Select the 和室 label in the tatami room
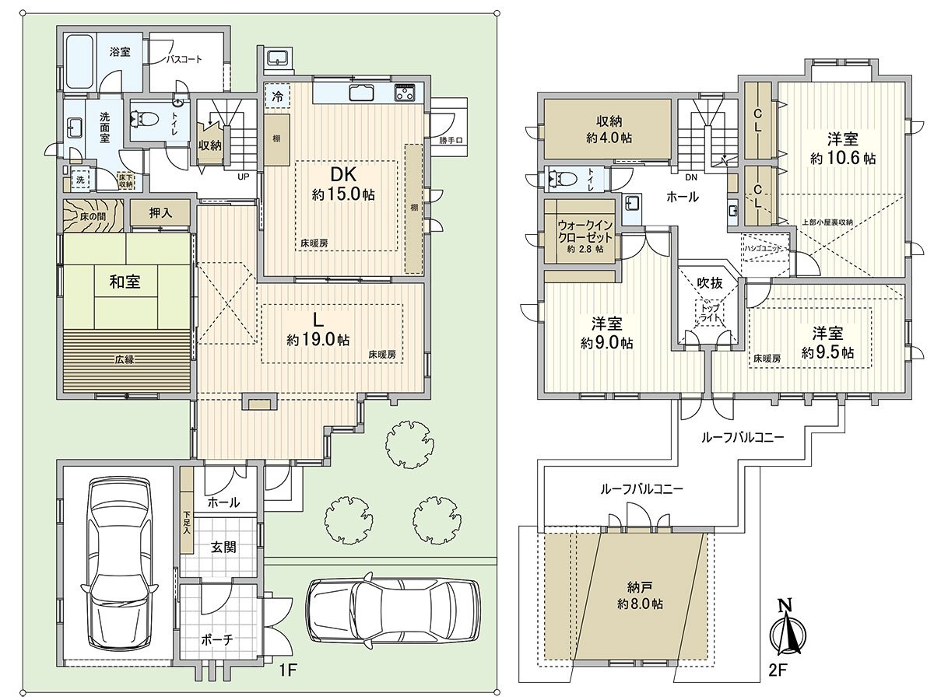(x=125, y=282)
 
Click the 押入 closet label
(x=160, y=212)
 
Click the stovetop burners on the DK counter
(x=406, y=93)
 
